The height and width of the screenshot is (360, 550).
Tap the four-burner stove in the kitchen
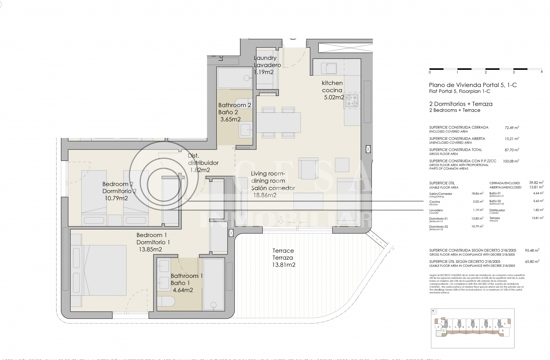[352, 100]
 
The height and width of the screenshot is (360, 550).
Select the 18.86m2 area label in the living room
[265, 195]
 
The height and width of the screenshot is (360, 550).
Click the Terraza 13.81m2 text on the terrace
[284, 261]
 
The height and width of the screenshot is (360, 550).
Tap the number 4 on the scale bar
[541, 72]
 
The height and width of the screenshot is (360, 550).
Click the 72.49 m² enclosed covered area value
[512, 128]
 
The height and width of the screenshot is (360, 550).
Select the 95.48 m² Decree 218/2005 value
[532, 250]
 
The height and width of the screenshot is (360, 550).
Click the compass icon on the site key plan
[434, 311]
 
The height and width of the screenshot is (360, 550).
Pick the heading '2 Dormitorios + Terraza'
[461, 104]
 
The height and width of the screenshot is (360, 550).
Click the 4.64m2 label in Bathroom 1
[183, 290]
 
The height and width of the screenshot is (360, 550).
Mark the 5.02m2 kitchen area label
[334, 97]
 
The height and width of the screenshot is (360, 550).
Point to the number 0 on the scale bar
[430, 72]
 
